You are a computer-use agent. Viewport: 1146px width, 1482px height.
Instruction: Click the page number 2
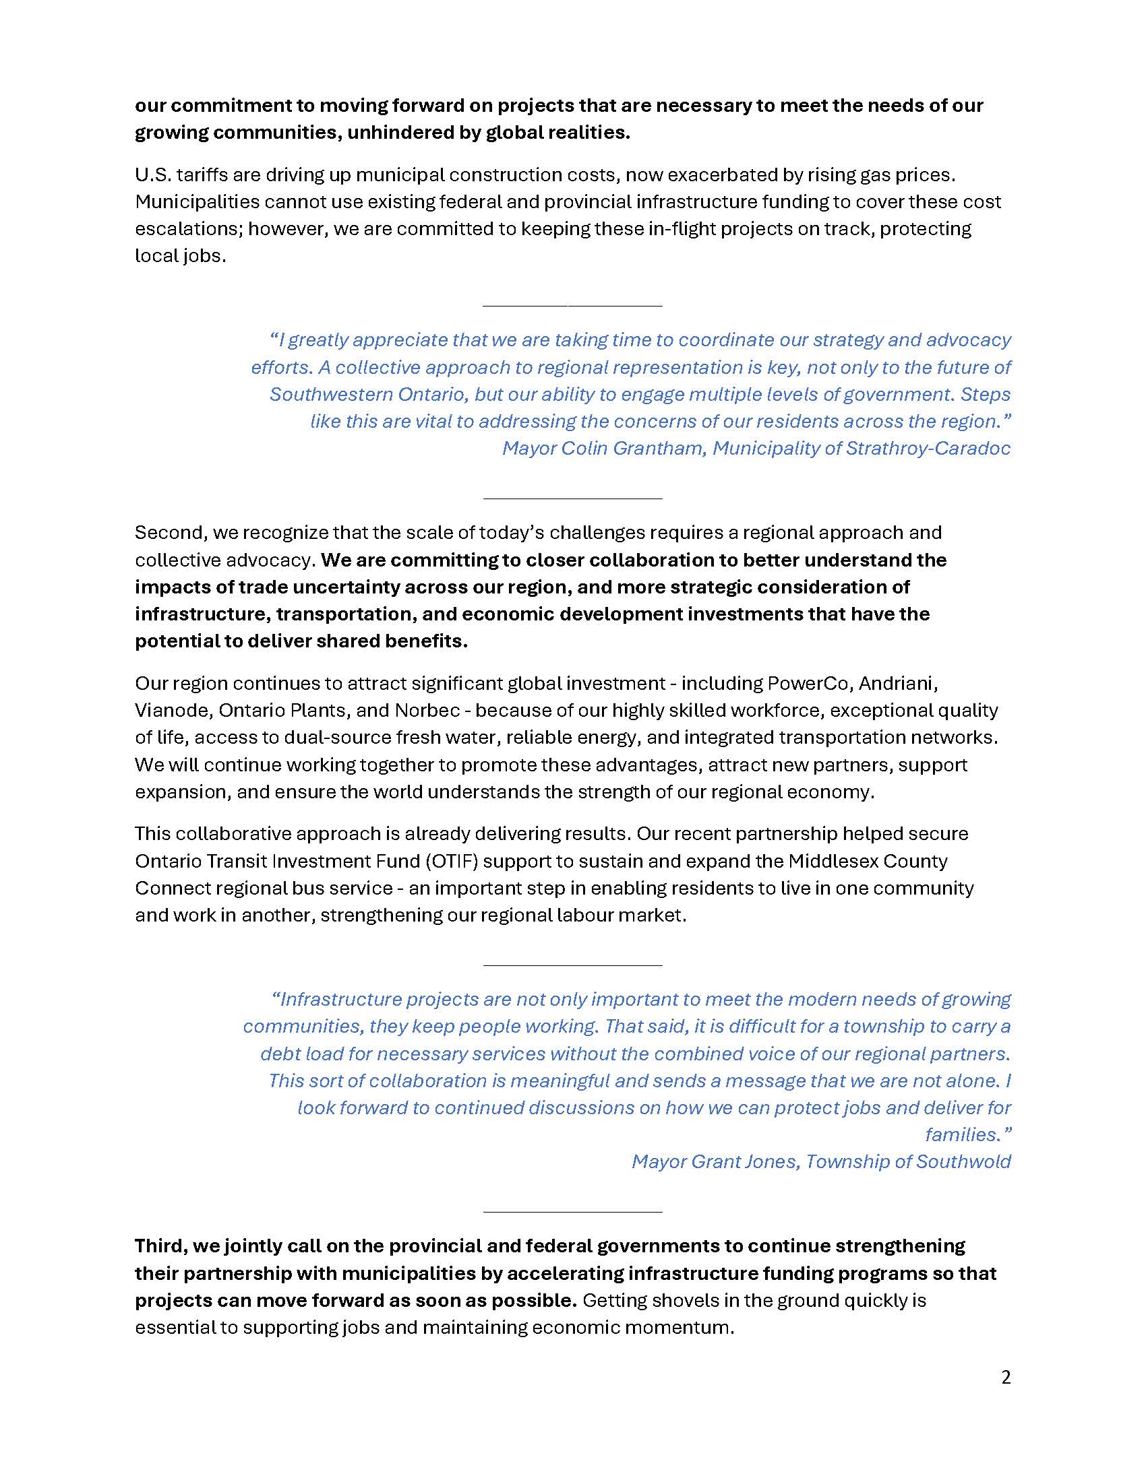(x=1006, y=1378)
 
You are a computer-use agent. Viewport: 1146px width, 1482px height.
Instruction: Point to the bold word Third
(x=161, y=1246)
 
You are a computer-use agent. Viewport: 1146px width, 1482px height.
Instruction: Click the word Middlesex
(x=833, y=861)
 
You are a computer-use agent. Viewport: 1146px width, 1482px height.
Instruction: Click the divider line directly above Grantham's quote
(x=572, y=305)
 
